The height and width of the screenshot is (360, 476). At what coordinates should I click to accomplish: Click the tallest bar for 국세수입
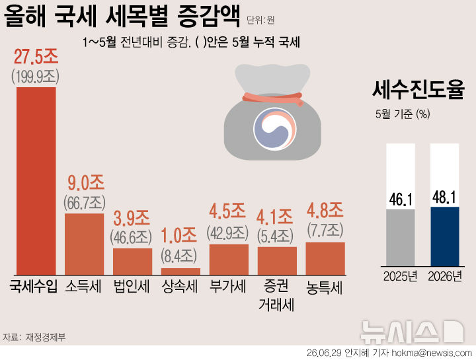(36, 181)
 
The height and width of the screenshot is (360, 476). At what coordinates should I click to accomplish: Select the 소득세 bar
(85, 244)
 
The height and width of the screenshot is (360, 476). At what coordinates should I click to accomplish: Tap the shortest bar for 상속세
(180, 271)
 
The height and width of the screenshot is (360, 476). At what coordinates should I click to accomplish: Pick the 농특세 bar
(325, 259)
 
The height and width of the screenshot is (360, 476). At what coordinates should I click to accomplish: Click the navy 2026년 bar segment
(445, 236)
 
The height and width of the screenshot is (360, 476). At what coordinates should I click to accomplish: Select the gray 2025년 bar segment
(401, 238)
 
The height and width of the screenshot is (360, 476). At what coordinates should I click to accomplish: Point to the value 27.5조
(36, 56)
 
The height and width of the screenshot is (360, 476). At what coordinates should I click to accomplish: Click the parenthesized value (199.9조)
(36, 77)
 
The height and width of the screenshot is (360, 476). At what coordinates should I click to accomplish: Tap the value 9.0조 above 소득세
(86, 183)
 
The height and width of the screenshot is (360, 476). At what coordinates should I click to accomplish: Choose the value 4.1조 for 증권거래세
(274, 217)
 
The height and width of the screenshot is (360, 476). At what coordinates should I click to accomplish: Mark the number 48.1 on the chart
(444, 198)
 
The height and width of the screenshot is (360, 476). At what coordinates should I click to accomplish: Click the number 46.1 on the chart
(401, 200)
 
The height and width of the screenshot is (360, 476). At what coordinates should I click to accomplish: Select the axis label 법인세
(132, 286)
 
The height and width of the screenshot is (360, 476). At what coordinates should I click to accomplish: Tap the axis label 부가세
(227, 286)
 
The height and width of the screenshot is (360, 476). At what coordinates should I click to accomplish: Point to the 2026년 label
(445, 276)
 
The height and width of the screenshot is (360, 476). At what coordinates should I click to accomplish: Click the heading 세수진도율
(418, 89)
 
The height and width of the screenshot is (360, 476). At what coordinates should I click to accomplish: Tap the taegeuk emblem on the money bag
(275, 129)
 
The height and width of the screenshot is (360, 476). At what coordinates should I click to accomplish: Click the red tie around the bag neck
(273, 98)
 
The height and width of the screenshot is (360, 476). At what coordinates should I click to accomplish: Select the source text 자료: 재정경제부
(34, 338)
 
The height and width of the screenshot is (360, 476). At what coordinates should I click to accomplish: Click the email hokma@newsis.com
(432, 353)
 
